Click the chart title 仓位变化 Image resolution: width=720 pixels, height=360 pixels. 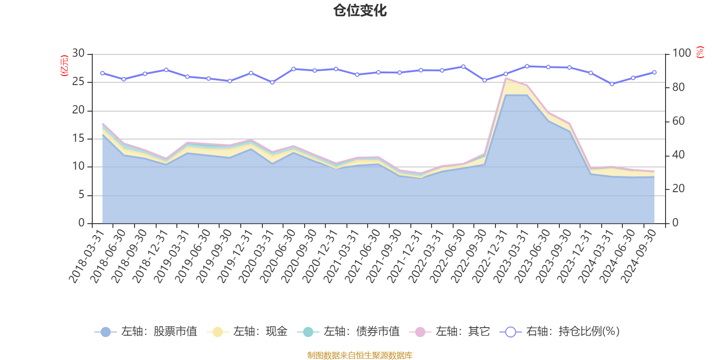click(360, 10)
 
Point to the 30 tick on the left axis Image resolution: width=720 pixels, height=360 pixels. click(78, 54)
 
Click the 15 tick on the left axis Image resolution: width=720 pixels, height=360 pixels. click(78, 138)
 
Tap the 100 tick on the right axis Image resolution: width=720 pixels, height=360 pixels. click(681, 54)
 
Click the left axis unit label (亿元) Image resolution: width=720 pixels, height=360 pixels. click(64, 66)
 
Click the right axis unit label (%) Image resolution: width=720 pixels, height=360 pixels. click(700, 52)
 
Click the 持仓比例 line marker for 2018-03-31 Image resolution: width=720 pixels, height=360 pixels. click(103, 73)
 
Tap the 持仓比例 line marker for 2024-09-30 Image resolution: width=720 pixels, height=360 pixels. click(654, 72)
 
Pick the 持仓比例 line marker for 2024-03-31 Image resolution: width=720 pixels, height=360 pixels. click(612, 84)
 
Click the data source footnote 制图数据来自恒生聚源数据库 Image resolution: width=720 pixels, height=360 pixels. click(360, 355)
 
